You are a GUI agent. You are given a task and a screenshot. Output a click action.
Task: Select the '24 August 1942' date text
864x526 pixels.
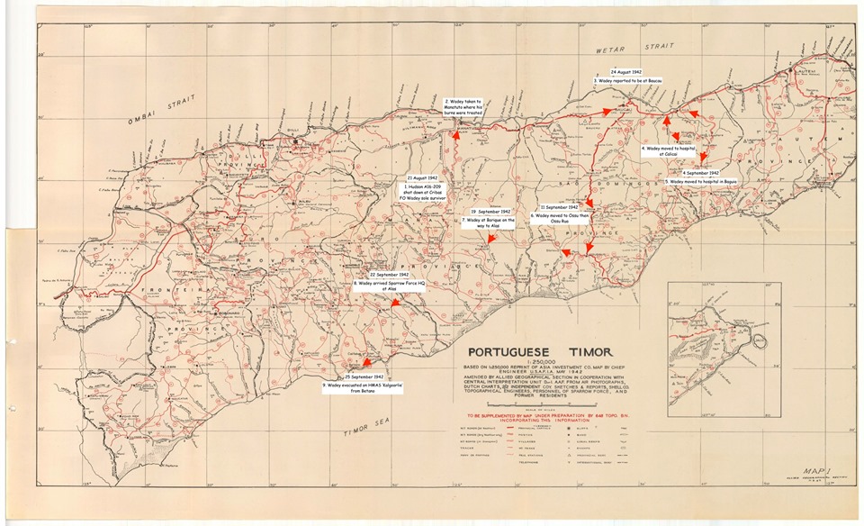click(625, 70)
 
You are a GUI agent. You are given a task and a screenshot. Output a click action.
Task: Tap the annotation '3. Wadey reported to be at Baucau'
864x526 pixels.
click(627, 81)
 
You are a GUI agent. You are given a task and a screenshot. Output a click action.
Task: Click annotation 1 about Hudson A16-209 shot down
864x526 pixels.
click(423, 193)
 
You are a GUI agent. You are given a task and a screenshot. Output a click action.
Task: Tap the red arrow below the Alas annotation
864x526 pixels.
click(395, 305)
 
